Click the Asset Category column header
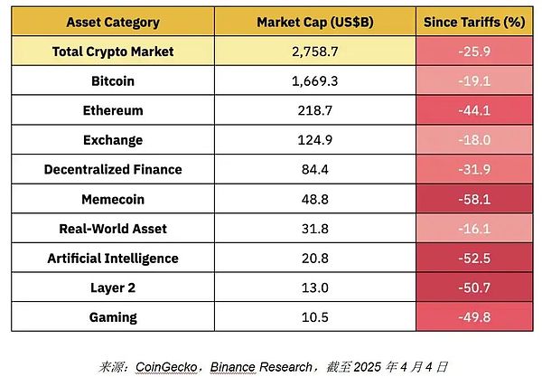(x=113, y=22)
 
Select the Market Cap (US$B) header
(x=310, y=22)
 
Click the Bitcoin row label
(x=113, y=80)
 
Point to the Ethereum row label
(x=113, y=110)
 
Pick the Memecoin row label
(x=113, y=199)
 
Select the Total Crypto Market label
(x=113, y=52)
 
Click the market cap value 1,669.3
(x=310, y=80)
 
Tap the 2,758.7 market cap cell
(x=310, y=52)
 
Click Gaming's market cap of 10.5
(x=310, y=317)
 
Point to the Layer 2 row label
(x=113, y=287)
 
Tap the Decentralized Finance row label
(x=113, y=169)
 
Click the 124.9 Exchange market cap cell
(x=310, y=140)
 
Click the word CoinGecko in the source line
(x=168, y=366)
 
